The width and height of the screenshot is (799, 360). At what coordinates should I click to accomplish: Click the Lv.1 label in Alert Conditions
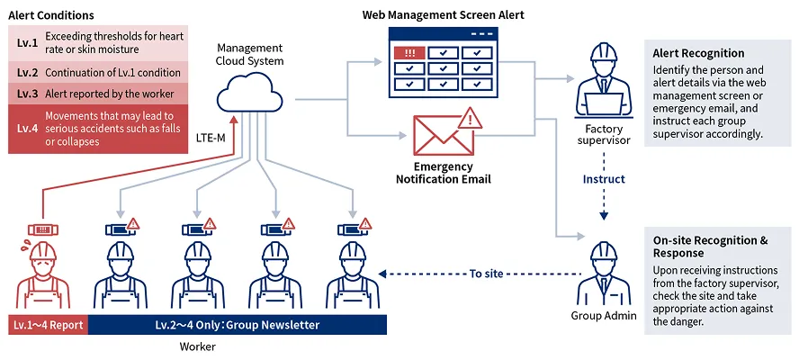tap(28, 42)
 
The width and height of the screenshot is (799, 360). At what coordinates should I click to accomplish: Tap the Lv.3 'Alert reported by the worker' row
tap(98, 94)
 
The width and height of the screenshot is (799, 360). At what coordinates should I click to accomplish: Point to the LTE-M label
tap(211, 138)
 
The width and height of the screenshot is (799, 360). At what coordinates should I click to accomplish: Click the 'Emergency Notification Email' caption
tap(444, 173)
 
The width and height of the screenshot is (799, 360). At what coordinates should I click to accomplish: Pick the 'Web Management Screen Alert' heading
tap(443, 15)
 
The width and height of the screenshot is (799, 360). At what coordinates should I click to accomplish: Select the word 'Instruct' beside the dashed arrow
tap(604, 179)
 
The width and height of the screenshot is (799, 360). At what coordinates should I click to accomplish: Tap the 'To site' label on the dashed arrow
tap(487, 274)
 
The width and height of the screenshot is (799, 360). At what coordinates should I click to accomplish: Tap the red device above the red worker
tap(42, 230)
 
